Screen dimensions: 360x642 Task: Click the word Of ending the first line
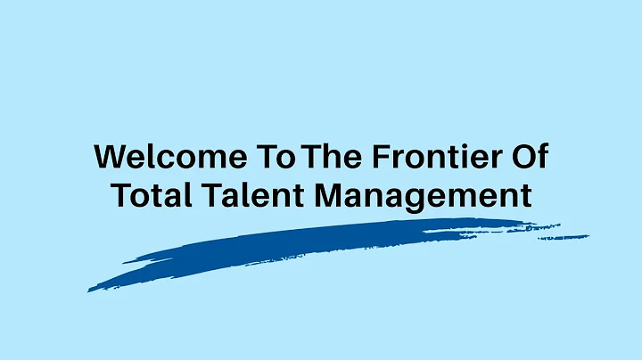pos(526,157)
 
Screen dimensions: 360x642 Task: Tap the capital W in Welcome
pos(110,157)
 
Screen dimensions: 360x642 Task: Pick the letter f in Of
pos(539,156)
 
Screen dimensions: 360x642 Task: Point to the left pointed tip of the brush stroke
pos(89,290)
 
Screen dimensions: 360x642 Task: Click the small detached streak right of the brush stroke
pos(564,237)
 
